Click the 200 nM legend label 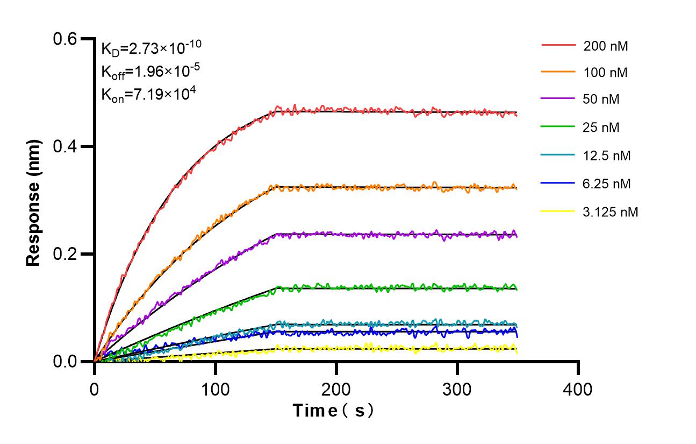[606, 46]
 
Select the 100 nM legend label [606, 72]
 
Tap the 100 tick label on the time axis [216, 389]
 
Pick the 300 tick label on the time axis [457, 389]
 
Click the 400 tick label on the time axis [578, 389]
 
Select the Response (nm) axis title [33, 203]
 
